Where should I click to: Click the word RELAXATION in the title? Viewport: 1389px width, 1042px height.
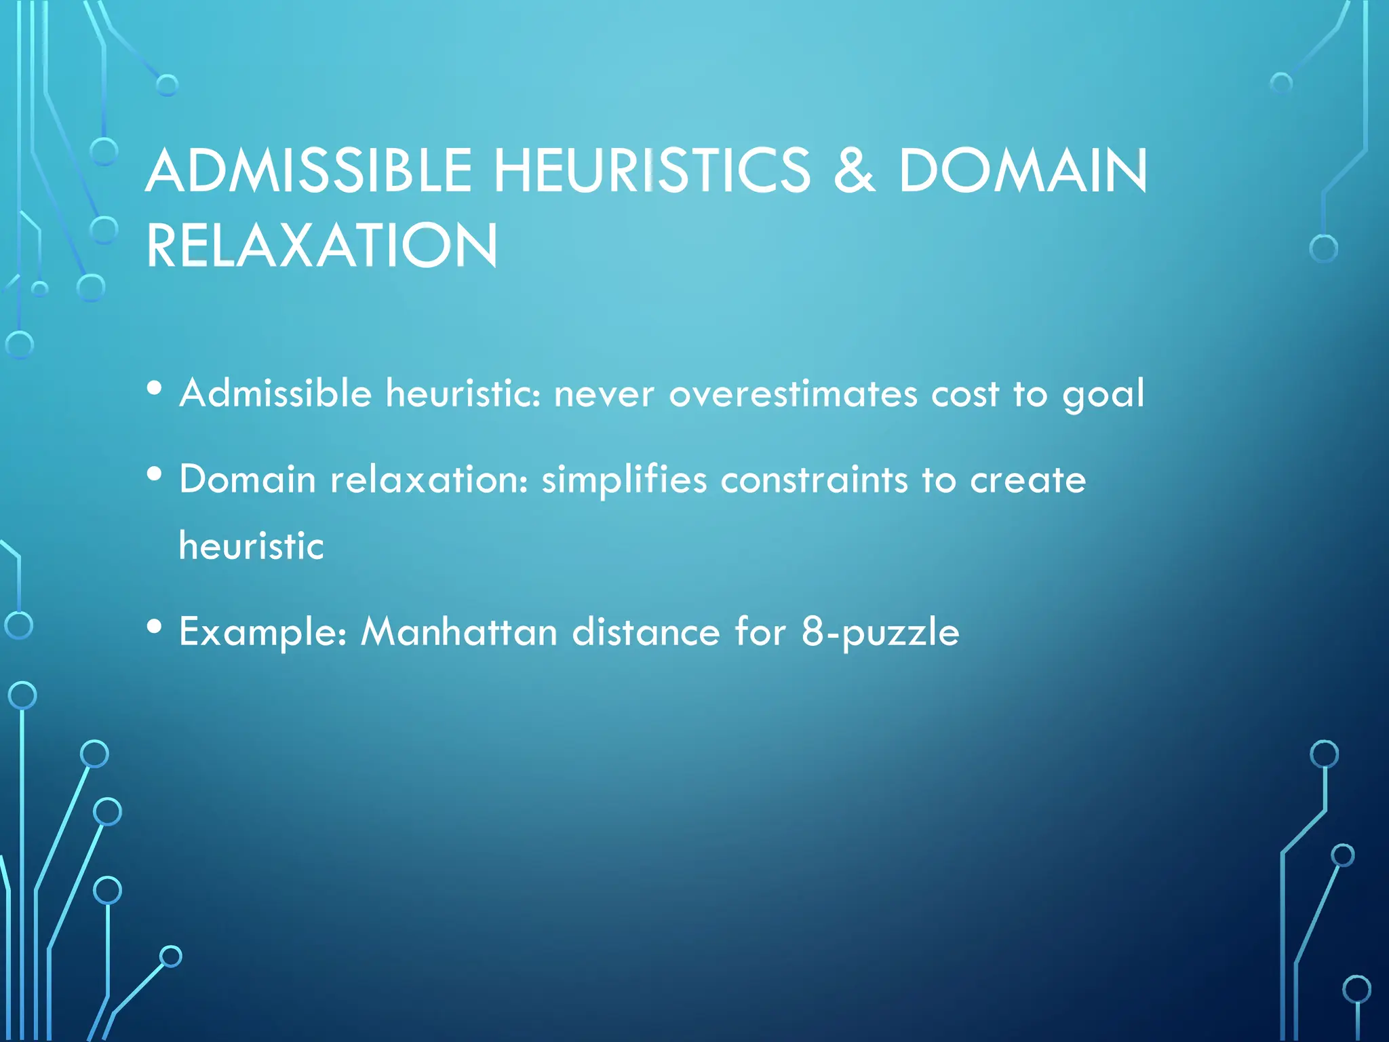click(x=322, y=246)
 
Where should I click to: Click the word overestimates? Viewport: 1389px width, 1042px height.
click(x=793, y=393)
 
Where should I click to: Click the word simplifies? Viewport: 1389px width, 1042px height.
click(x=624, y=480)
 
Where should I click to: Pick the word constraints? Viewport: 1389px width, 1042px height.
click(x=814, y=480)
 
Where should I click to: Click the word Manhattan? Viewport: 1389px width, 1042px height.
click(x=458, y=632)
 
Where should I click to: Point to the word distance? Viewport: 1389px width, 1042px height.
click(x=646, y=632)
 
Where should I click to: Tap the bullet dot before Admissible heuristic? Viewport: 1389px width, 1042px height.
click(x=155, y=388)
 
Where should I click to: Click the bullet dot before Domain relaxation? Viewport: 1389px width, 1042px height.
click(x=155, y=474)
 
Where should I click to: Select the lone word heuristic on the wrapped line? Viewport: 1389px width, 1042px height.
click(x=252, y=545)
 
